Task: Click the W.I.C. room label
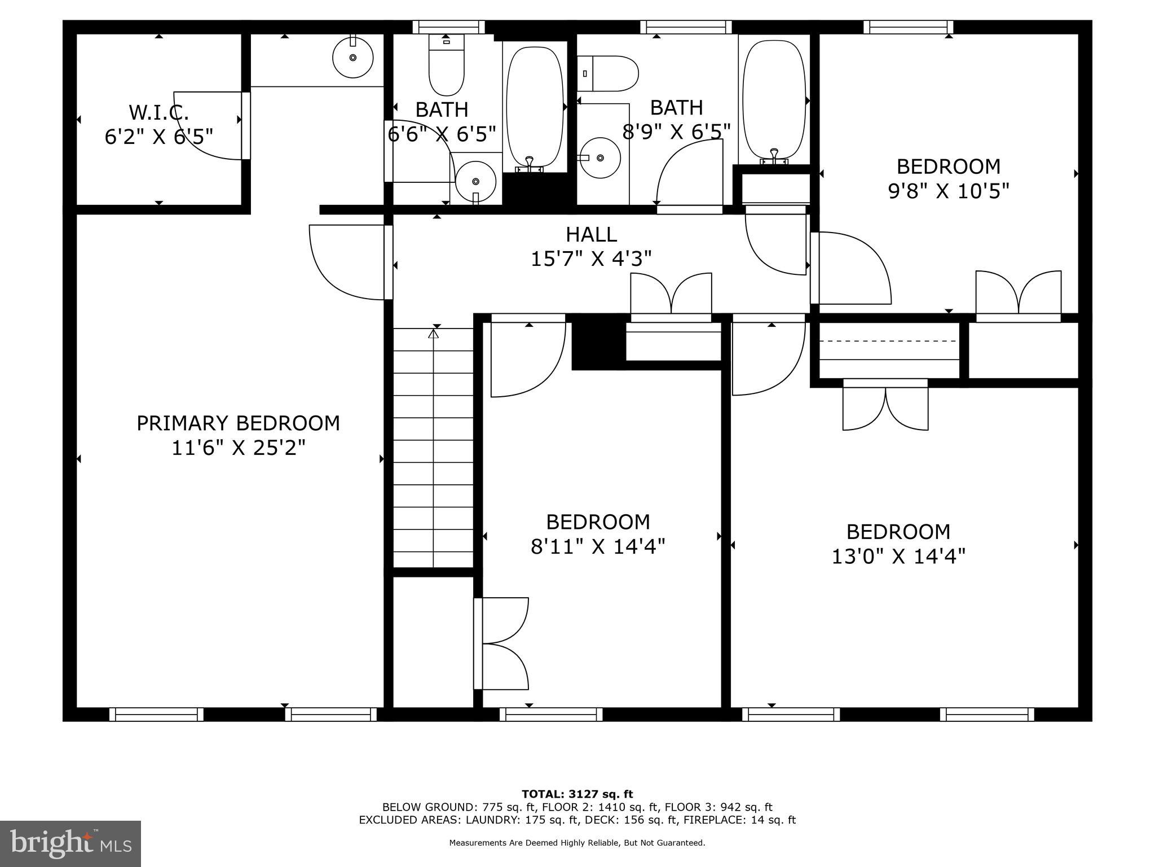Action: (x=158, y=112)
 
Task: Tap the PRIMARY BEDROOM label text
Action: (x=238, y=423)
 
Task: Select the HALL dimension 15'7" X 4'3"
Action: (x=591, y=259)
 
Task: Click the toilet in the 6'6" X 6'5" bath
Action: (x=446, y=65)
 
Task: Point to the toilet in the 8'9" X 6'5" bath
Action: (x=607, y=73)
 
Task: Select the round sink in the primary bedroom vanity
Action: (x=353, y=57)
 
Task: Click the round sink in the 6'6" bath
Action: (x=475, y=181)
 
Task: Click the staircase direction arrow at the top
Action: (x=433, y=334)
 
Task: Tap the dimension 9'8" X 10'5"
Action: (x=948, y=192)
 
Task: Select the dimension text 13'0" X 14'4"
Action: (x=898, y=557)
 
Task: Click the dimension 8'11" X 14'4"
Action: (x=598, y=546)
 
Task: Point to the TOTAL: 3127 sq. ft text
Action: (x=577, y=795)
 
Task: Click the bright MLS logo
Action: (x=70, y=843)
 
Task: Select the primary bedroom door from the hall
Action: (x=347, y=262)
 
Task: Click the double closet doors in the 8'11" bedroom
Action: (x=502, y=643)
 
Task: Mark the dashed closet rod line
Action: (x=888, y=341)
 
